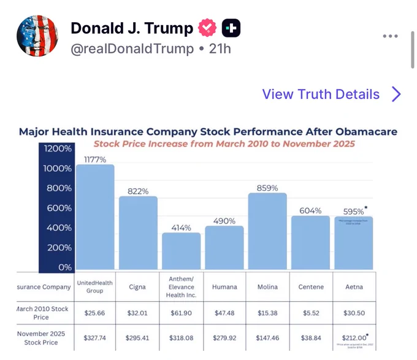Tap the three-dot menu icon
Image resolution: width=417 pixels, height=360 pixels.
[390, 36]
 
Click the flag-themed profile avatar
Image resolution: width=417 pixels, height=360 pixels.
[37, 37]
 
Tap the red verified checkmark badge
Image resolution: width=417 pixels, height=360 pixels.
[208, 28]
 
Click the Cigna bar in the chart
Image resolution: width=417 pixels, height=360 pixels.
[138, 232]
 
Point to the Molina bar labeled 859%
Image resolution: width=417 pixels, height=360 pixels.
[267, 231]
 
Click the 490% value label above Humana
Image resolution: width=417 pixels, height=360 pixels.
[224, 221]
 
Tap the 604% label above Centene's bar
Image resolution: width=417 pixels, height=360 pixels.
[310, 210]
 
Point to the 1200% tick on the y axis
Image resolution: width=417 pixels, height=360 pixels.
[57, 149]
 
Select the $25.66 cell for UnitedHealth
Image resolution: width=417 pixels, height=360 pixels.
[95, 312]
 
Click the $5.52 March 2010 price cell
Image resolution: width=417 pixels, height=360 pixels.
[310, 312]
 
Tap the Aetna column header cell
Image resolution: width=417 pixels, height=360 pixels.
[353, 286]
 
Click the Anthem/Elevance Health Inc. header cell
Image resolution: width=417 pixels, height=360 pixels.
[181, 286]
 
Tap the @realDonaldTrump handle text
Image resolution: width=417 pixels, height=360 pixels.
[132, 48]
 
